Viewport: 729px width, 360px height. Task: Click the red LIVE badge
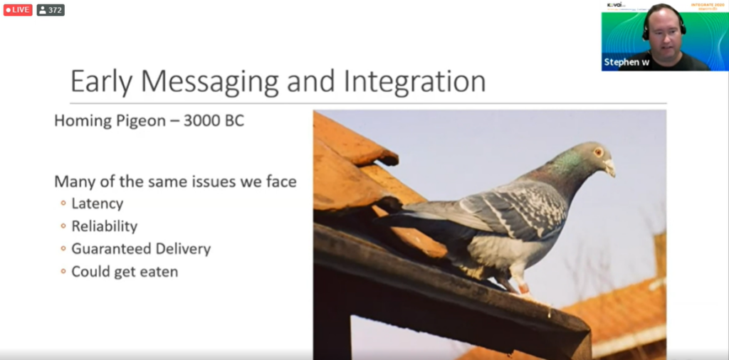[18, 10]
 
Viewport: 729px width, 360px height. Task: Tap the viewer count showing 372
[51, 10]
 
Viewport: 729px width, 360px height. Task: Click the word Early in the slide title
[102, 81]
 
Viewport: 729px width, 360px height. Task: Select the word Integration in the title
[414, 81]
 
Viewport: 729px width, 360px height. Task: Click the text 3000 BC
[214, 120]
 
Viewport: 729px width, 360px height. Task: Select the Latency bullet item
[97, 203]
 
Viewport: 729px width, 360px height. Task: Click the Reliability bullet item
[104, 226]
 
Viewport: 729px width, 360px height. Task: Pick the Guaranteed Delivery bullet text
[141, 249]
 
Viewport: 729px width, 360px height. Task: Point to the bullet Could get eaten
[125, 272]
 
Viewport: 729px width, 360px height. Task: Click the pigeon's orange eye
[598, 152]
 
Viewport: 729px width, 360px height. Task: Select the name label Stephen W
[626, 63]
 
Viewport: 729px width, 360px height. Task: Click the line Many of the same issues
[175, 181]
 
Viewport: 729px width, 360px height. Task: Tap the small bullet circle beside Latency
[63, 204]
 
